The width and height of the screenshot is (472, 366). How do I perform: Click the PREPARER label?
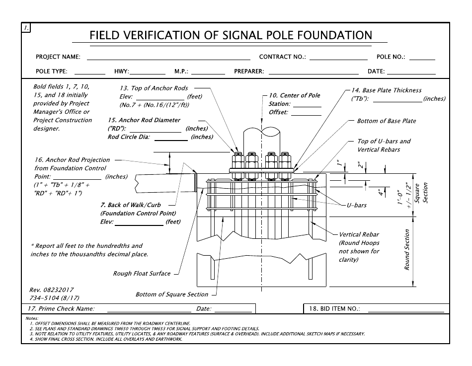click(x=249, y=72)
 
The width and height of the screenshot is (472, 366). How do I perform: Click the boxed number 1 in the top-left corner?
click(x=26, y=28)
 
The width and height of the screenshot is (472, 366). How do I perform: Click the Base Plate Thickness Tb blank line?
click(x=397, y=100)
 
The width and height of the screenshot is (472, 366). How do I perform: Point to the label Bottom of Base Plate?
click(x=387, y=121)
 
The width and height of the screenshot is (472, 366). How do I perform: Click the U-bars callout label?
click(x=356, y=206)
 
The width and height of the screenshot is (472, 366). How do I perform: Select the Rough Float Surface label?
click(x=142, y=274)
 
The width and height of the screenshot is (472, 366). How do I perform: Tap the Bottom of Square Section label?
click(x=172, y=294)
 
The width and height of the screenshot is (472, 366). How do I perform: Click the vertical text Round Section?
click(x=407, y=249)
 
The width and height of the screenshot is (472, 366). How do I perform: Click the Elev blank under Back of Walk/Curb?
click(x=139, y=224)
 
